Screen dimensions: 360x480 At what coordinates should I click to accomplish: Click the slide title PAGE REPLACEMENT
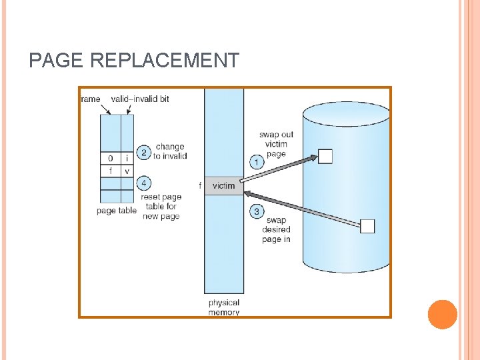pos(134,61)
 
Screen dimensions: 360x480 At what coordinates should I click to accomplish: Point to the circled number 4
pos(143,183)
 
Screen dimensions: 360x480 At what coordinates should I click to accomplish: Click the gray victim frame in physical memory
pos(224,186)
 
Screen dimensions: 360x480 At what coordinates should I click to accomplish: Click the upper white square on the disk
pos(325,157)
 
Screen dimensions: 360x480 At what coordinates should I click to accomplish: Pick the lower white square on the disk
pos(367,226)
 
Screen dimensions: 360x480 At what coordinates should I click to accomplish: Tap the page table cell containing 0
pos(110,159)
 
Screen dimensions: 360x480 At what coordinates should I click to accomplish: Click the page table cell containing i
pos(127,159)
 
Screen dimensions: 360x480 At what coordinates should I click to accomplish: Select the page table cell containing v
pos(127,171)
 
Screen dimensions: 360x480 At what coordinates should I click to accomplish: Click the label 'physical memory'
pos(224,307)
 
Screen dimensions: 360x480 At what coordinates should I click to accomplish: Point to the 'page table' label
pos(117,211)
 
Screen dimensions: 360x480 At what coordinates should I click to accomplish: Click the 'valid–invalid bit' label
pos(140,99)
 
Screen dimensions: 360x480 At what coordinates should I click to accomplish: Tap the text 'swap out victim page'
pos(276,144)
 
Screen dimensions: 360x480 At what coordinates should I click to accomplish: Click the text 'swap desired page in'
pos(276,229)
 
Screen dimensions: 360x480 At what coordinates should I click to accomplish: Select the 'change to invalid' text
pos(170,151)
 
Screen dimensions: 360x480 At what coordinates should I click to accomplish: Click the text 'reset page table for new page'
pos(161,207)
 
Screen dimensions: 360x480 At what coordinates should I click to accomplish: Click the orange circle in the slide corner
pos(442,315)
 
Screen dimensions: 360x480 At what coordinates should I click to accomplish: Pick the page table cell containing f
pos(110,171)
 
